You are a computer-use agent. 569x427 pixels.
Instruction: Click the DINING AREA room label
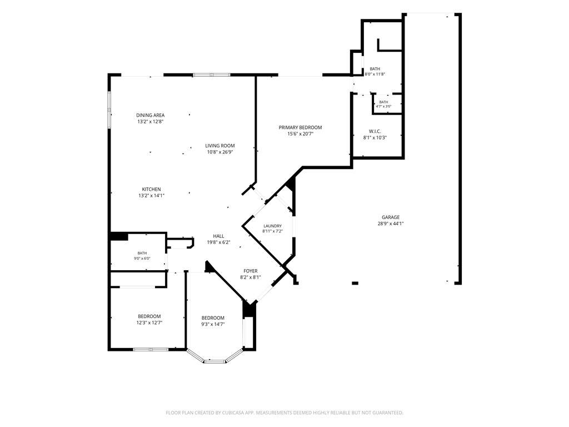click(x=150, y=115)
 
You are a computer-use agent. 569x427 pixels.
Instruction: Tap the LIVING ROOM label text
click(x=220, y=146)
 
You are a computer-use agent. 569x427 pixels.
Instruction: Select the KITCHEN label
click(x=151, y=189)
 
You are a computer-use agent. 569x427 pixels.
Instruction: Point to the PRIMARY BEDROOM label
click(x=300, y=127)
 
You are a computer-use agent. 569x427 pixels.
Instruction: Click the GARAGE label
click(x=391, y=217)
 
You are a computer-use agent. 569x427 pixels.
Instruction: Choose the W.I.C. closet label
click(x=375, y=131)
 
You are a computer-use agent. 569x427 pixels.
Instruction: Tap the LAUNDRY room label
click(x=272, y=226)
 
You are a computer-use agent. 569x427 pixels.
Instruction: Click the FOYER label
click(x=251, y=271)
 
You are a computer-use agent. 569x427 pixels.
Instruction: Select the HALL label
click(x=218, y=236)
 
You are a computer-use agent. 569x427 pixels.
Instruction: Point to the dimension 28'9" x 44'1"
click(x=391, y=224)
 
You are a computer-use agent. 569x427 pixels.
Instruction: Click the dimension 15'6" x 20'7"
click(x=300, y=133)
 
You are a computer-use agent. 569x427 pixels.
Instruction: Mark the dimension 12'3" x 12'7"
click(x=149, y=322)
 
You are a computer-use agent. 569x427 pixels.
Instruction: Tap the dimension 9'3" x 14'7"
click(x=213, y=324)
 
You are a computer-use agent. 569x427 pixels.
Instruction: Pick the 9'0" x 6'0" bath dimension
click(x=142, y=259)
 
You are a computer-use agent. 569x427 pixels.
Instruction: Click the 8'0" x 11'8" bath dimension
click(x=375, y=74)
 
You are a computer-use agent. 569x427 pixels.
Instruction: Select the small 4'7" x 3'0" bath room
click(x=387, y=104)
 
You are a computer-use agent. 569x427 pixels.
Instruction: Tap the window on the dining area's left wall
click(x=109, y=110)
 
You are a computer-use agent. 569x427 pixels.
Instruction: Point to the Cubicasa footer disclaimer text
click(x=284, y=413)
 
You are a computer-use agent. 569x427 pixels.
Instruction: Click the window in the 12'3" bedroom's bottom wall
click(x=150, y=349)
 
